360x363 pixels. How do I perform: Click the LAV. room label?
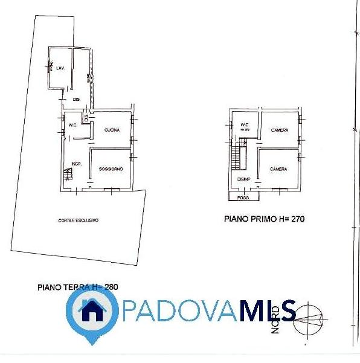[60, 69]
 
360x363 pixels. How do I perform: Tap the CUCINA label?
[111, 130]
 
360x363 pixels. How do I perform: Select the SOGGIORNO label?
[111, 169]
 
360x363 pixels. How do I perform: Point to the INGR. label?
[77, 164]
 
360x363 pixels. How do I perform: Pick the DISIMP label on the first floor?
[243, 179]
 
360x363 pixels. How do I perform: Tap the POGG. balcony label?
[243, 198]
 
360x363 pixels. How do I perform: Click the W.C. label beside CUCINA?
[72, 125]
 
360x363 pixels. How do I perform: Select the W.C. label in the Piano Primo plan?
[245, 125]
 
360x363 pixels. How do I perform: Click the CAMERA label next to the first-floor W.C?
[279, 130]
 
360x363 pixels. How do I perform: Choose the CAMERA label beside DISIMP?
[278, 169]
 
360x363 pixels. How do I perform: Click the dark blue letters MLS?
[266, 310]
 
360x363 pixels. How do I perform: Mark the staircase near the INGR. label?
[68, 175]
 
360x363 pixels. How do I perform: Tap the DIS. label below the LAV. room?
[76, 99]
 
